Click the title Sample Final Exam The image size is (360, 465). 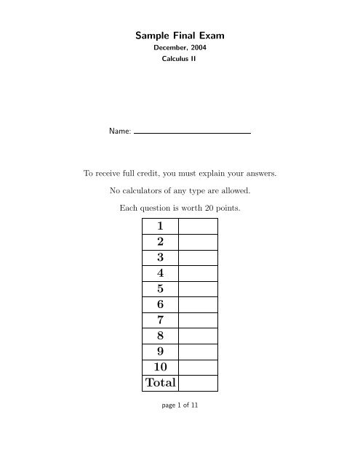(x=180, y=34)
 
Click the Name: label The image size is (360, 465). (x=120, y=133)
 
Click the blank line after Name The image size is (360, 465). (x=193, y=133)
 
